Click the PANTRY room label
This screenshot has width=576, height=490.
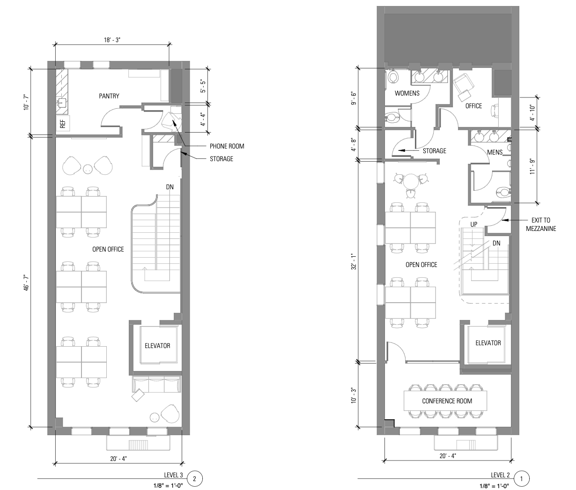pyautogui.click(x=109, y=96)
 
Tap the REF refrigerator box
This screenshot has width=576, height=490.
pyautogui.click(x=63, y=124)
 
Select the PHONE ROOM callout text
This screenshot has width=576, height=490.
pyautogui.click(x=227, y=146)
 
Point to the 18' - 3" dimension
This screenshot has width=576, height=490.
pyautogui.click(x=112, y=40)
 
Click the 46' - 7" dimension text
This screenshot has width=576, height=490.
pyautogui.click(x=27, y=283)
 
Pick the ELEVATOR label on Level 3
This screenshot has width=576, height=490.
pyautogui.click(x=157, y=346)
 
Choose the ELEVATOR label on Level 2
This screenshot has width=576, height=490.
pyautogui.click(x=488, y=343)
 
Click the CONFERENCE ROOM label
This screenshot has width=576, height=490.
pyautogui.click(x=447, y=401)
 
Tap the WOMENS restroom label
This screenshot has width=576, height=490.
pyautogui.click(x=407, y=93)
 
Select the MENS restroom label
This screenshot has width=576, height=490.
pyautogui.click(x=495, y=152)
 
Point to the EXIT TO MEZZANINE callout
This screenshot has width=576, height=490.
pyautogui.click(x=541, y=224)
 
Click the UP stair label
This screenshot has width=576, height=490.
pyautogui.click(x=474, y=224)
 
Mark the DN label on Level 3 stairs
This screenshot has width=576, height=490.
pyautogui.click(x=170, y=187)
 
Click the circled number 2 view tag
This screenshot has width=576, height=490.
pyautogui.click(x=194, y=479)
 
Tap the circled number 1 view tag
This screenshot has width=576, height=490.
pyautogui.click(x=521, y=479)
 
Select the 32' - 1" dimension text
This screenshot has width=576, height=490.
pyautogui.click(x=354, y=261)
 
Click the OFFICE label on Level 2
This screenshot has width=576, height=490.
pyautogui.click(x=474, y=106)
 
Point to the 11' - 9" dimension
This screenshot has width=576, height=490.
pyautogui.click(x=532, y=166)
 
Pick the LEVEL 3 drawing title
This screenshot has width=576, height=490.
pyautogui.click(x=173, y=475)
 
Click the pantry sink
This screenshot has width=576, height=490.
pyautogui.click(x=62, y=103)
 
